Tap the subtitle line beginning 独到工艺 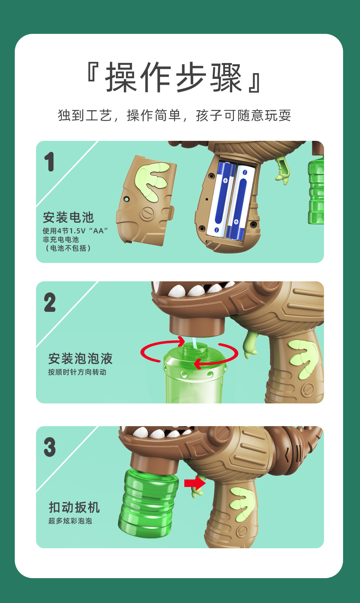coord(174,116)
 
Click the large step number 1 coord(49,162)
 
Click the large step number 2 coord(50,303)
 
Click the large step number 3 coord(50,447)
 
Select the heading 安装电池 coord(68,218)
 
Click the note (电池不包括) coord(67,248)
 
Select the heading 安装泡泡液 coord(80,359)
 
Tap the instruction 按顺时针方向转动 coord(77,372)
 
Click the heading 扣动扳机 coord(74,508)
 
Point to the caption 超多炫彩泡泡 coord(70,521)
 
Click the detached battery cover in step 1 coord(146,200)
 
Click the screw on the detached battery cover coord(147,213)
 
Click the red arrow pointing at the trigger coord(194,483)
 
